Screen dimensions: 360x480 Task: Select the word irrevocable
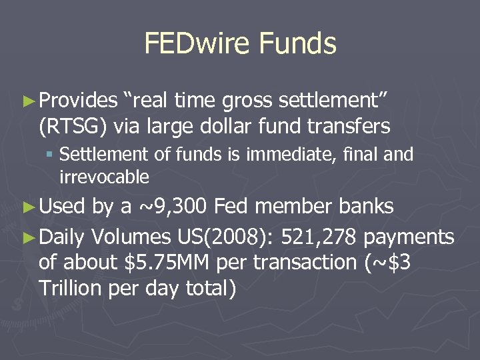coord(104,177)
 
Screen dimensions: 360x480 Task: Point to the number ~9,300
coord(173,207)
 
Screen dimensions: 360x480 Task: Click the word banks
coord(367,207)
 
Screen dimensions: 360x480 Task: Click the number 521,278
coord(319,237)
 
